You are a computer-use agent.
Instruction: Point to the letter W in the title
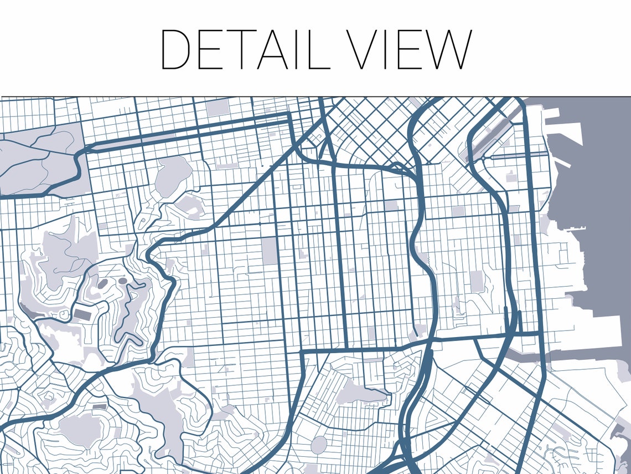[446, 50]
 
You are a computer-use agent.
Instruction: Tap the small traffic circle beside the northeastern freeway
[483, 157]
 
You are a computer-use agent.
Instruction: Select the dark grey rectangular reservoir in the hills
[83, 315]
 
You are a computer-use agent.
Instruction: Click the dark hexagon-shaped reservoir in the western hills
[103, 284]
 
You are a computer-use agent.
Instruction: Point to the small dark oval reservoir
[122, 281]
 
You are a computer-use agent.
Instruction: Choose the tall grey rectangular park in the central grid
[270, 251]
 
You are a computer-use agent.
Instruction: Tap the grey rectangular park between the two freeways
[477, 281]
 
